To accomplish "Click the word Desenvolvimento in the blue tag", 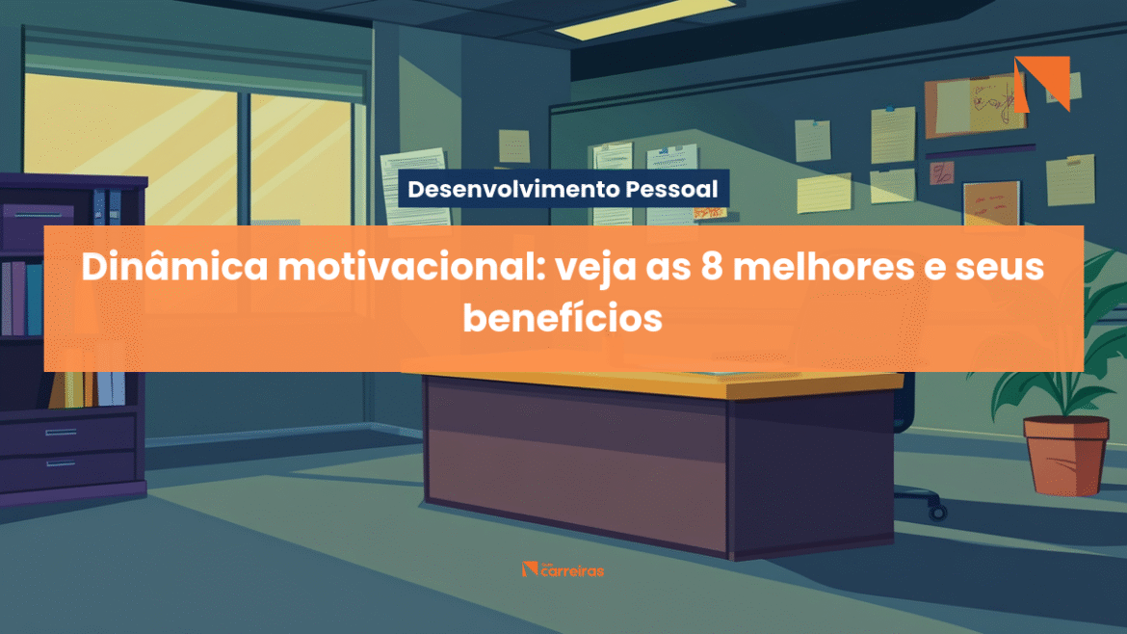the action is coord(513,189).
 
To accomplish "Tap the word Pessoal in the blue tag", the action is coord(671,189).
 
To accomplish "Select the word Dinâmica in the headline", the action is coord(174,267).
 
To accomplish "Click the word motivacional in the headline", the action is coord(412,267).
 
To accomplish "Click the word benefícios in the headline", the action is coord(563,318).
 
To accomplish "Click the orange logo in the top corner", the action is coord(1042,84).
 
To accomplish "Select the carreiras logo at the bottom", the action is coord(563,570).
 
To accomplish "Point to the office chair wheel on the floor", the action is coord(937,511).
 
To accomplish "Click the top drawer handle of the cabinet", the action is coord(61,432).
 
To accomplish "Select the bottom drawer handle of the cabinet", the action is coord(61,463).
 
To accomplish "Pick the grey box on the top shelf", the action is coord(39,226).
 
